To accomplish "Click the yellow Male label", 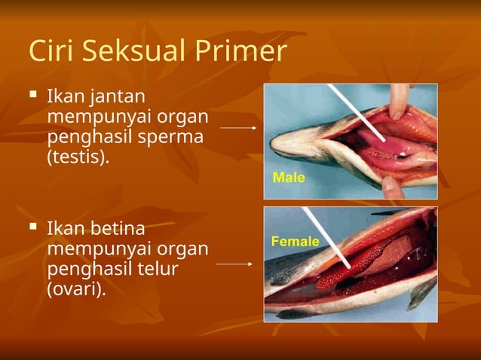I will coord(288,178).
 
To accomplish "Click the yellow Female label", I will coord(295,242).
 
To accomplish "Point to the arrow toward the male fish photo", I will coord(238,128).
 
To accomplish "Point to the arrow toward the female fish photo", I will coord(234,264).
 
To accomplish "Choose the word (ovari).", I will coord(75,289).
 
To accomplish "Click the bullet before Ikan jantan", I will coord(32,96).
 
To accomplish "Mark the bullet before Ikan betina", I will coord(32,226).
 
